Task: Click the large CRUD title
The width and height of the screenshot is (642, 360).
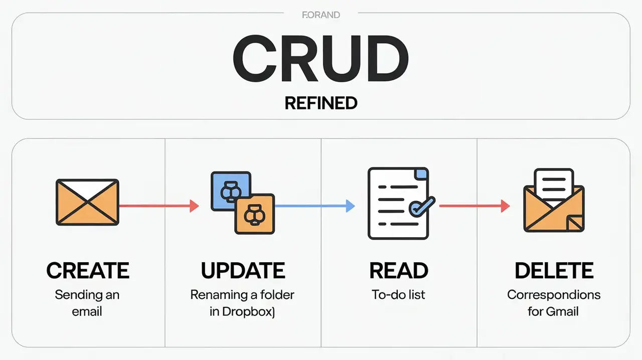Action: [x=320, y=60]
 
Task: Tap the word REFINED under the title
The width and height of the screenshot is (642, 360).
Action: [x=320, y=103]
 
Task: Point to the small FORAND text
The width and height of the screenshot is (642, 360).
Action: [x=321, y=15]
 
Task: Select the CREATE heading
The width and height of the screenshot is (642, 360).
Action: [x=88, y=271]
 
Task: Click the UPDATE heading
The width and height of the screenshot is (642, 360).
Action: [x=243, y=271]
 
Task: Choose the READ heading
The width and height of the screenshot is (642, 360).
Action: [x=399, y=271]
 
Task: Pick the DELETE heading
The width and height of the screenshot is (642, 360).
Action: [x=554, y=271]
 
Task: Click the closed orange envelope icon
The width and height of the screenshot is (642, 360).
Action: [x=87, y=202]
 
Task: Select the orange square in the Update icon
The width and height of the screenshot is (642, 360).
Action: [x=255, y=214]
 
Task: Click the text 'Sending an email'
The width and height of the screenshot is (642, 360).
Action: [x=87, y=302]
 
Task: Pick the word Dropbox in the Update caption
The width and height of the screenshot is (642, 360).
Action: [x=251, y=311]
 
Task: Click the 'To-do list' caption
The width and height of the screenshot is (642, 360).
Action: [x=398, y=294]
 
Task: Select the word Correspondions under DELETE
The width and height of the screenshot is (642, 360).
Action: [x=554, y=294]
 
